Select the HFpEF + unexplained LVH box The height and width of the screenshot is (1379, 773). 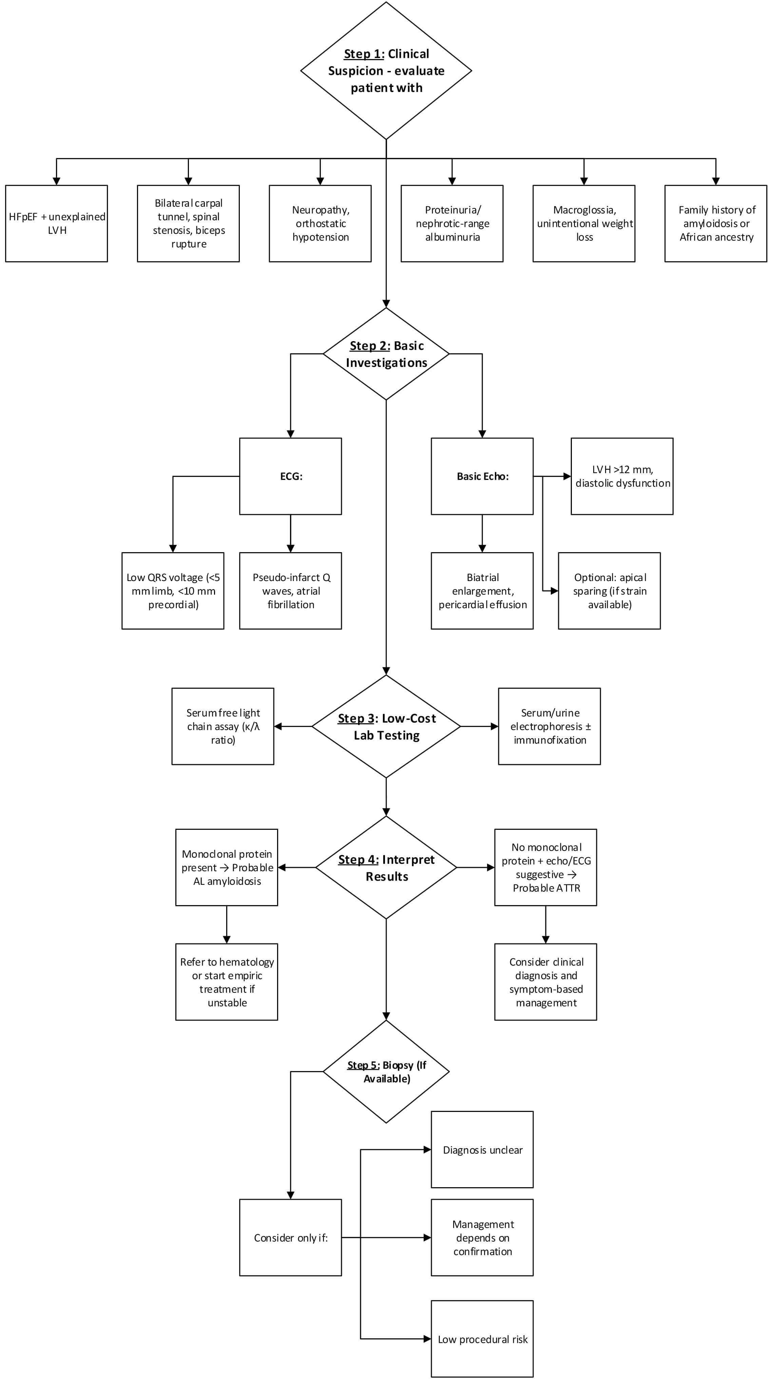(x=57, y=223)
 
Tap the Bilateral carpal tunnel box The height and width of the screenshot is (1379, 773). (x=188, y=223)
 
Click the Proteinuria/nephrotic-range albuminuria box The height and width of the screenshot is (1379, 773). (x=452, y=223)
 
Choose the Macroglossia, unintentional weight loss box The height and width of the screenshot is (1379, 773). (x=584, y=223)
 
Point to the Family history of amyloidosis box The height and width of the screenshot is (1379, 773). (x=716, y=223)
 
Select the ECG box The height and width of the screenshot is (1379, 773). (x=290, y=477)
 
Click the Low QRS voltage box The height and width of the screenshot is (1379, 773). (x=173, y=591)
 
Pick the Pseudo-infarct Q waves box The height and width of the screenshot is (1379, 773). (x=290, y=591)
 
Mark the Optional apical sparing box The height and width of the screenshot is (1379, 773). (x=609, y=591)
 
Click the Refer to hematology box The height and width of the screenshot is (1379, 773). (x=227, y=982)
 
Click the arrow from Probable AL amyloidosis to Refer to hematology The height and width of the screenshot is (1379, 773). (x=227, y=925)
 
